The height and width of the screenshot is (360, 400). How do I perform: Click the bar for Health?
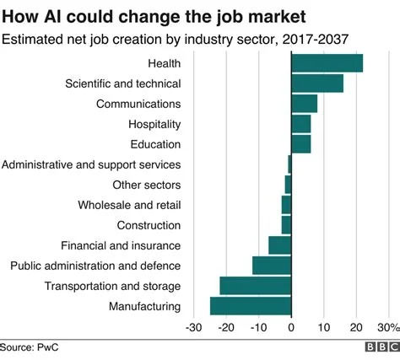pyautogui.click(x=327, y=63)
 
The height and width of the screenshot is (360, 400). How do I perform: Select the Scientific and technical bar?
pyautogui.click(x=317, y=83)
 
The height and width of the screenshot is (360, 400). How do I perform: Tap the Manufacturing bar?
pyautogui.click(x=251, y=306)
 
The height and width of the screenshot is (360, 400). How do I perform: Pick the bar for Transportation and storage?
pyautogui.click(x=255, y=286)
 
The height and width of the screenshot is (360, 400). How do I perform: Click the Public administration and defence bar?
pyautogui.click(x=272, y=266)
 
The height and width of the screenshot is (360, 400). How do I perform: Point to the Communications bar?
pyautogui.click(x=304, y=104)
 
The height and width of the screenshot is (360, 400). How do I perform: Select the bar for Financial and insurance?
pyautogui.click(x=279, y=245)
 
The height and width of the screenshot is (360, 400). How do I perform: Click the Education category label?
pyautogui.click(x=155, y=144)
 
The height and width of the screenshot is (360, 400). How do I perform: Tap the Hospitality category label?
pyautogui.click(x=153, y=124)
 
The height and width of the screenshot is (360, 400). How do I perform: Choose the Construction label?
pyautogui.click(x=149, y=225)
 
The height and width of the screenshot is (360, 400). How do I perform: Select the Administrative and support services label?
pyautogui.click(x=91, y=164)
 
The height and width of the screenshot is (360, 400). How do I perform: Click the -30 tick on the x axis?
pyautogui.click(x=193, y=327)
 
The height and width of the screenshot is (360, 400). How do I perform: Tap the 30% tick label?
pyautogui.click(x=387, y=327)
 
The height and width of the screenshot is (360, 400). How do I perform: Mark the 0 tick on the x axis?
pyautogui.click(x=291, y=327)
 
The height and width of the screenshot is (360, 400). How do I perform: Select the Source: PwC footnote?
pyautogui.click(x=30, y=347)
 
